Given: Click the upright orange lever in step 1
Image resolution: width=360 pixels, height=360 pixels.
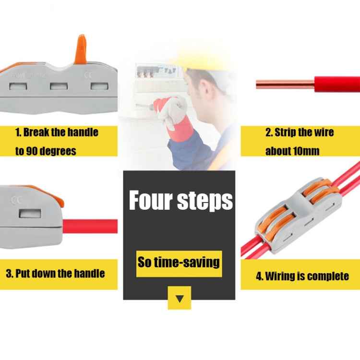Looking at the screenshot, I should click(x=81, y=49).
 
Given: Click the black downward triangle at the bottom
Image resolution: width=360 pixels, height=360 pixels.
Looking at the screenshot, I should click(x=180, y=299).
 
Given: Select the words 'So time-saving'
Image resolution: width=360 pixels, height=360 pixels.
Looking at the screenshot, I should click(x=179, y=262).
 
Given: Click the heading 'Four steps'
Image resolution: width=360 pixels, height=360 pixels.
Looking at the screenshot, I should click(x=180, y=201).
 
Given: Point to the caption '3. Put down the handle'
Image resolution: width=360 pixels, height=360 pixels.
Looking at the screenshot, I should click(x=55, y=274).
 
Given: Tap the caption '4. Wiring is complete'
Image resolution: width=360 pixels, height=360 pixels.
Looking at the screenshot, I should click(x=302, y=276).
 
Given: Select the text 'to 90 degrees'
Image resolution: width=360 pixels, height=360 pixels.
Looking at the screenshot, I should click(x=46, y=151).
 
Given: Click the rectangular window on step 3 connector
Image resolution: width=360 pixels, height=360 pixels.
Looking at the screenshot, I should click(x=28, y=214).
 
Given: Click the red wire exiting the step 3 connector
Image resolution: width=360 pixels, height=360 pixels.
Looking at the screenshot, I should click(x=91, y=226).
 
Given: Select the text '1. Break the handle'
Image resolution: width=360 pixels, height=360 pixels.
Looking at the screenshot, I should click(x=57, y=132).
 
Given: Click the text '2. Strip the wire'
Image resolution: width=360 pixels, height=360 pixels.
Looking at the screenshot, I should click(x=300, y=132).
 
